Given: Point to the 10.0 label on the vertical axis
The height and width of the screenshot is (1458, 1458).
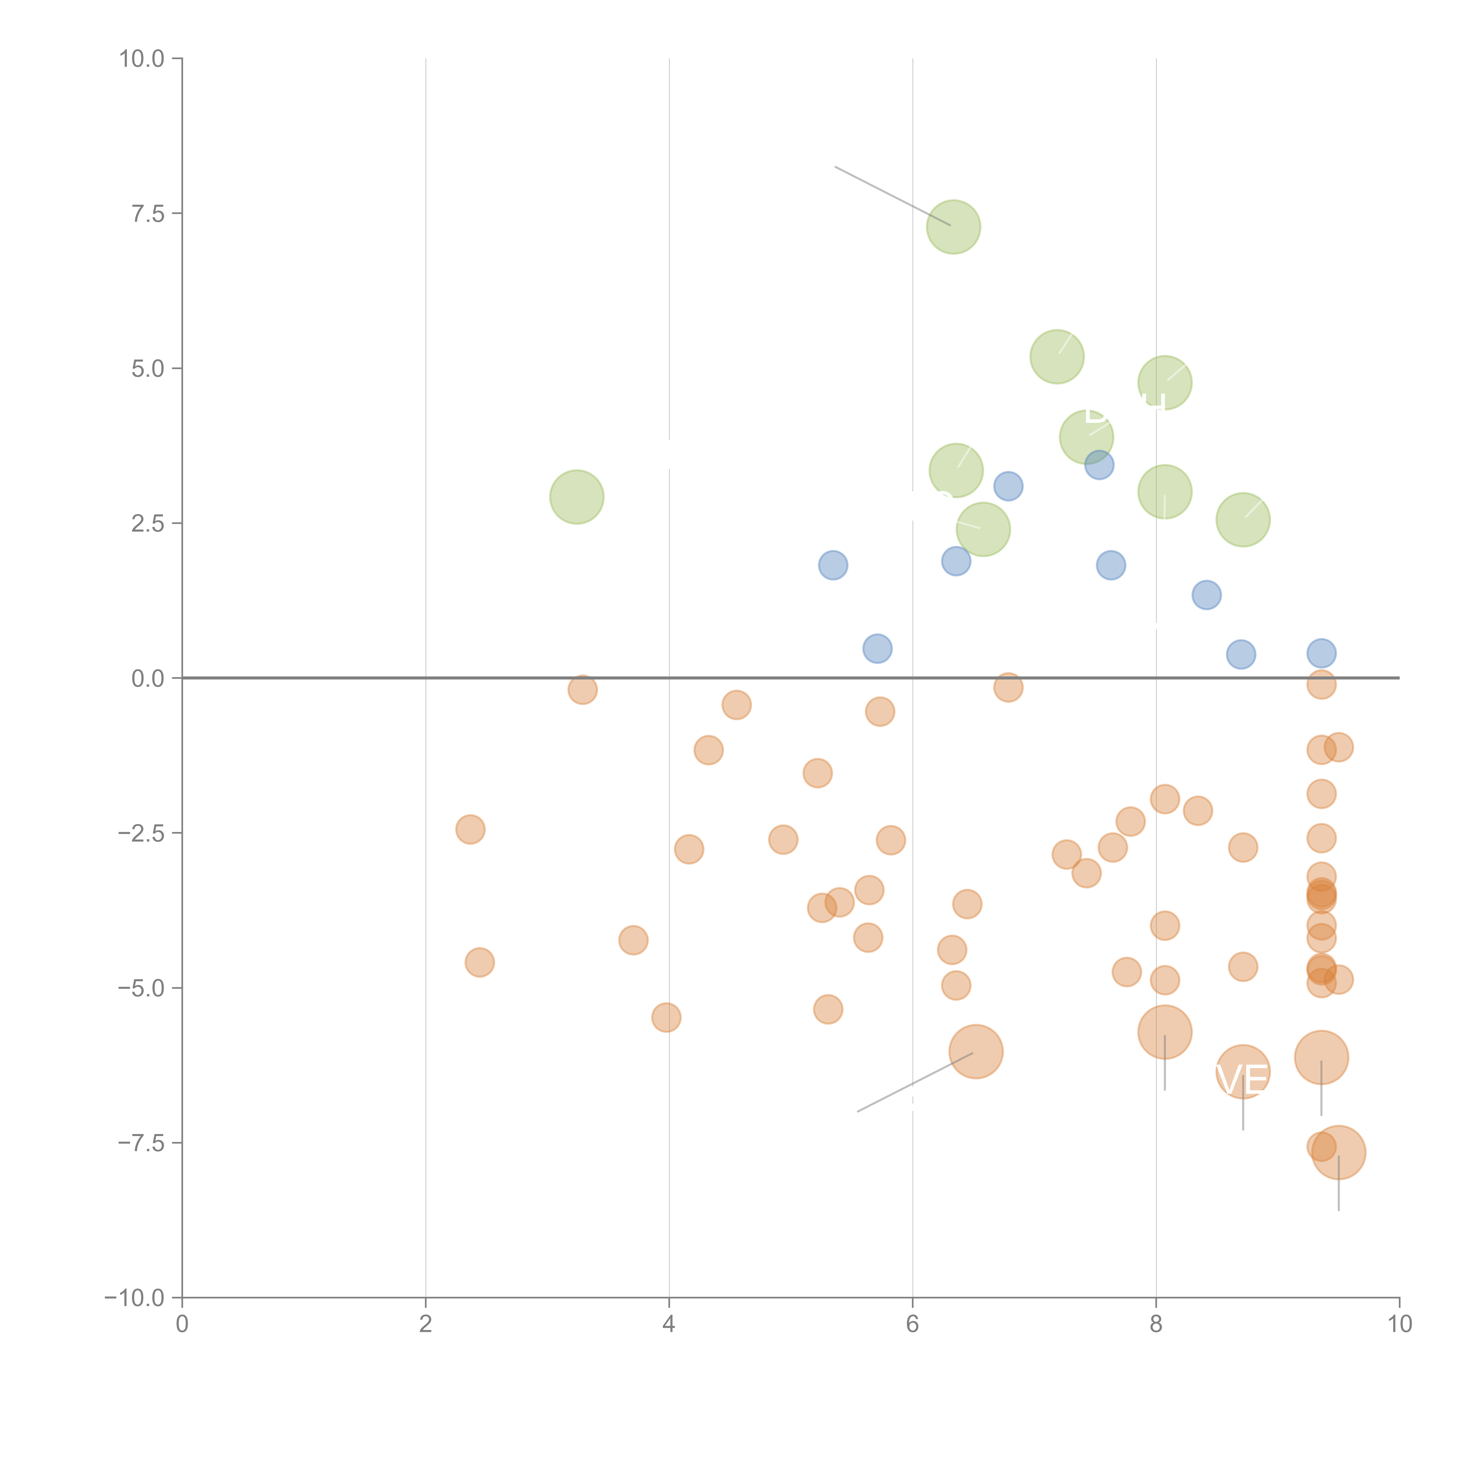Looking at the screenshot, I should point(142,59).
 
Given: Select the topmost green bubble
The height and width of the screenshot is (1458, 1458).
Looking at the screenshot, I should point(953,227).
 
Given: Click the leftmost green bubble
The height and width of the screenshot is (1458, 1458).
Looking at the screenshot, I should point(576,497).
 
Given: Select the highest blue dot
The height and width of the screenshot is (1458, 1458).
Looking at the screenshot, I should point(1100,465).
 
